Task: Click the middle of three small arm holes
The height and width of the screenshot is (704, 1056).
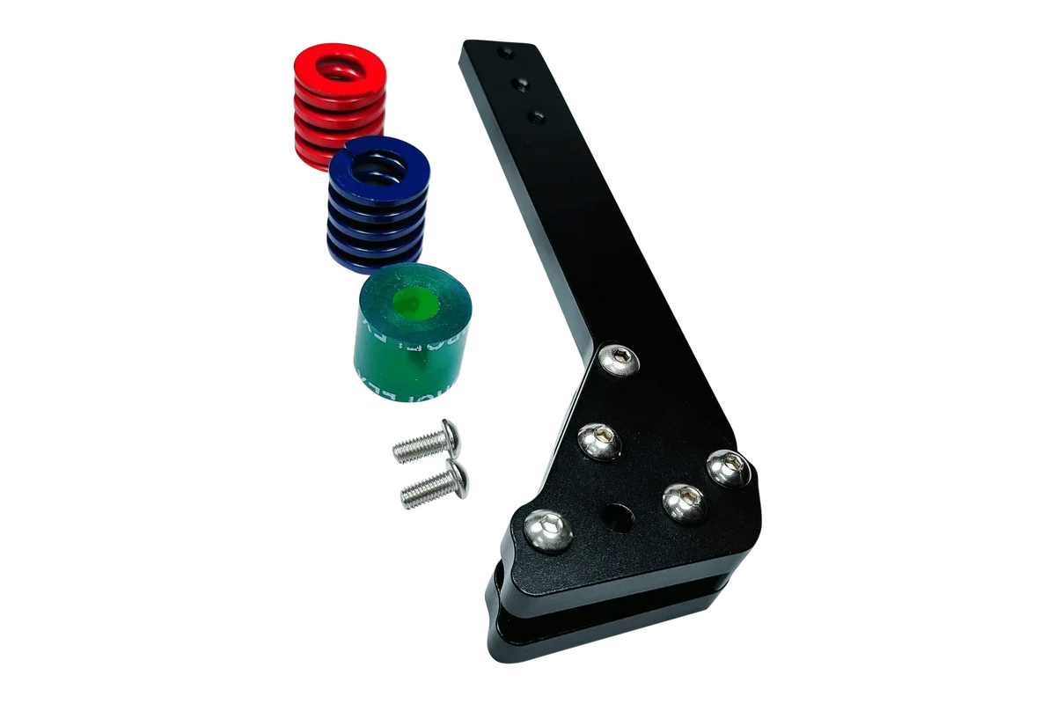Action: tap(520, 84)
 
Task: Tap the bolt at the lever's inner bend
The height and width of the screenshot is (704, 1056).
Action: tap(618, 358)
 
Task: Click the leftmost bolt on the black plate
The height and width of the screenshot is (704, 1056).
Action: tap(547, 532)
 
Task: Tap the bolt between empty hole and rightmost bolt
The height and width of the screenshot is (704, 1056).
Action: tap(683, 502)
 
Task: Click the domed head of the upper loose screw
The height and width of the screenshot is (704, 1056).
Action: tap(450, 432)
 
